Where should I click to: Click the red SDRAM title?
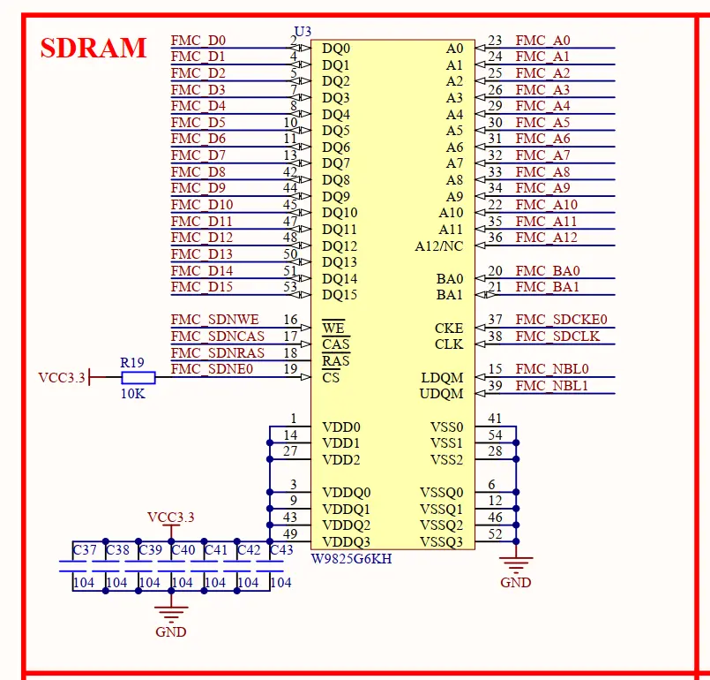(93, 48)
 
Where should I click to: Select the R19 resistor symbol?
(138, 377)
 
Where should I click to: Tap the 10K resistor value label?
(132, 394)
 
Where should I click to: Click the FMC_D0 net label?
(198, 41)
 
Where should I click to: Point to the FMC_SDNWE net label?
(214, 320)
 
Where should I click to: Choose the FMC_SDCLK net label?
(557, 336)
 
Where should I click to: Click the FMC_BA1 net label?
(548, 287)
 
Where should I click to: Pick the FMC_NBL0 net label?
(552, 369)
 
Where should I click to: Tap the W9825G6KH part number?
(351, 558)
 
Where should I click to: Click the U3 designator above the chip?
(303, 31)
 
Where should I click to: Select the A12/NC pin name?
(438, 246)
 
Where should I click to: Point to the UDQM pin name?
(442, 394)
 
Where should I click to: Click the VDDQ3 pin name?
(346, 541)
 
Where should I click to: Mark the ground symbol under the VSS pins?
(516, 565)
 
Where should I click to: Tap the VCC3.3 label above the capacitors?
(171, 518)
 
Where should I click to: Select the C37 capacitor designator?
(85, 550)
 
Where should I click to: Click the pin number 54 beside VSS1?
(495, 435)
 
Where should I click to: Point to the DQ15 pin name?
(340, 295)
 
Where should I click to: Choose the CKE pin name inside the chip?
(449, 329)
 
